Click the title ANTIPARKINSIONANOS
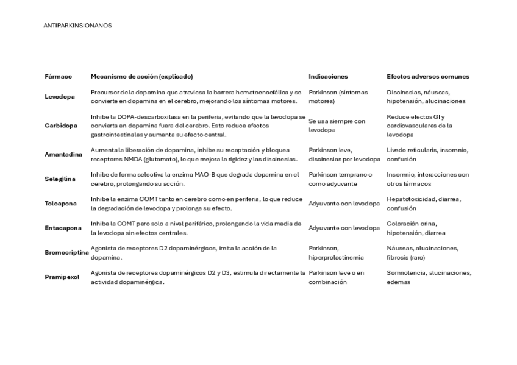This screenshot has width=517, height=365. click(x=77, y=26)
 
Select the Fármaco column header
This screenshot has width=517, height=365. click(x=58, y=77)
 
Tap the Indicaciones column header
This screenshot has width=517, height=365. click(x=328, y=77)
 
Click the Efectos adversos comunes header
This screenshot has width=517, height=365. click(x=427, y=77)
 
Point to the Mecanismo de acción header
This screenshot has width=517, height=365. click(x=141, y=77)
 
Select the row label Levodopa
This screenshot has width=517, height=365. click(x=60, y=97)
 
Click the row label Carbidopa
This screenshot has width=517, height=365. click(x=61, y=126)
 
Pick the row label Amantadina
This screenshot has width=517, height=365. click(x=63, y=155)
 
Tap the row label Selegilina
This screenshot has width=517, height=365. click(x=60, y=179)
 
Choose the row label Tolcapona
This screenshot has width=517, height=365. click(x=61, y=204)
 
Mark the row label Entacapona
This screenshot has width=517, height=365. click(x=63, y=228)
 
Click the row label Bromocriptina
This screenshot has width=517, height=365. click(x=66, y=252)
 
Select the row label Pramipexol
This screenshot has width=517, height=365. click(x=62, y=277)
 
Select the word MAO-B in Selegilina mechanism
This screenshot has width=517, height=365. click(x=220, y=174)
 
